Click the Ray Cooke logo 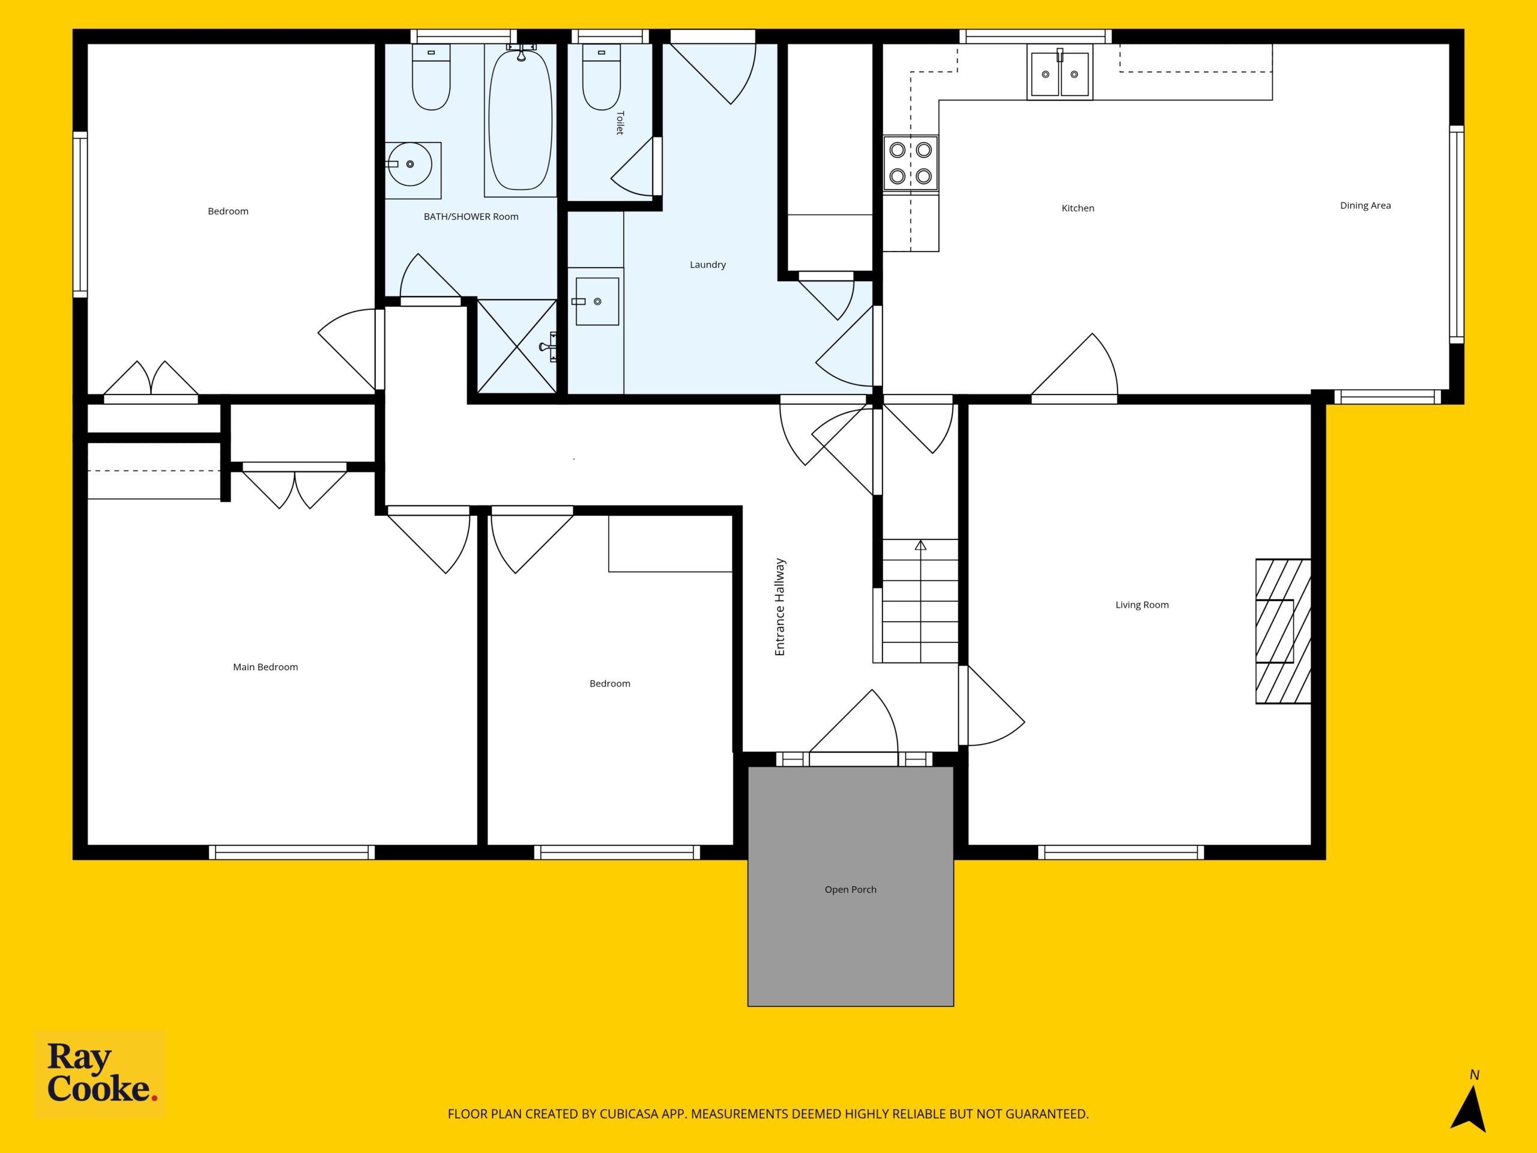pyautogui.click(x=100, y=1073)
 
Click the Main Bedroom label pyautogui.click(x=265, y=667)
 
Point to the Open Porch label pyautogui.click(x=851, y=889)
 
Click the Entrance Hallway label pyautogui.click(x=780, y=607)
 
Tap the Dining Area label pyautogui.click(x=1365, y=206)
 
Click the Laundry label pyautogui.click(x=708, y=265)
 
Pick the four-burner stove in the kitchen pyautogui.click(x=910, y=163)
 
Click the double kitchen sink pyautogui.click(x=1060, y=72)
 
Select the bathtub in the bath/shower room pyautogui.click(x=521, y=120)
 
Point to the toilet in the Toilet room pyautogui.click(x=601, y=77)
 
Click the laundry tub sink pyautogui.click(x=595, y=301)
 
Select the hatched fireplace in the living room pyautogui.click(x=1282, y=631)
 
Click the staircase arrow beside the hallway pyautogui.click(x=920, y=601)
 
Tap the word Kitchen pyautogui.click(x=1078, y=208)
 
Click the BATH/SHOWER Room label pyautogui.click(x=471, y=217)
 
